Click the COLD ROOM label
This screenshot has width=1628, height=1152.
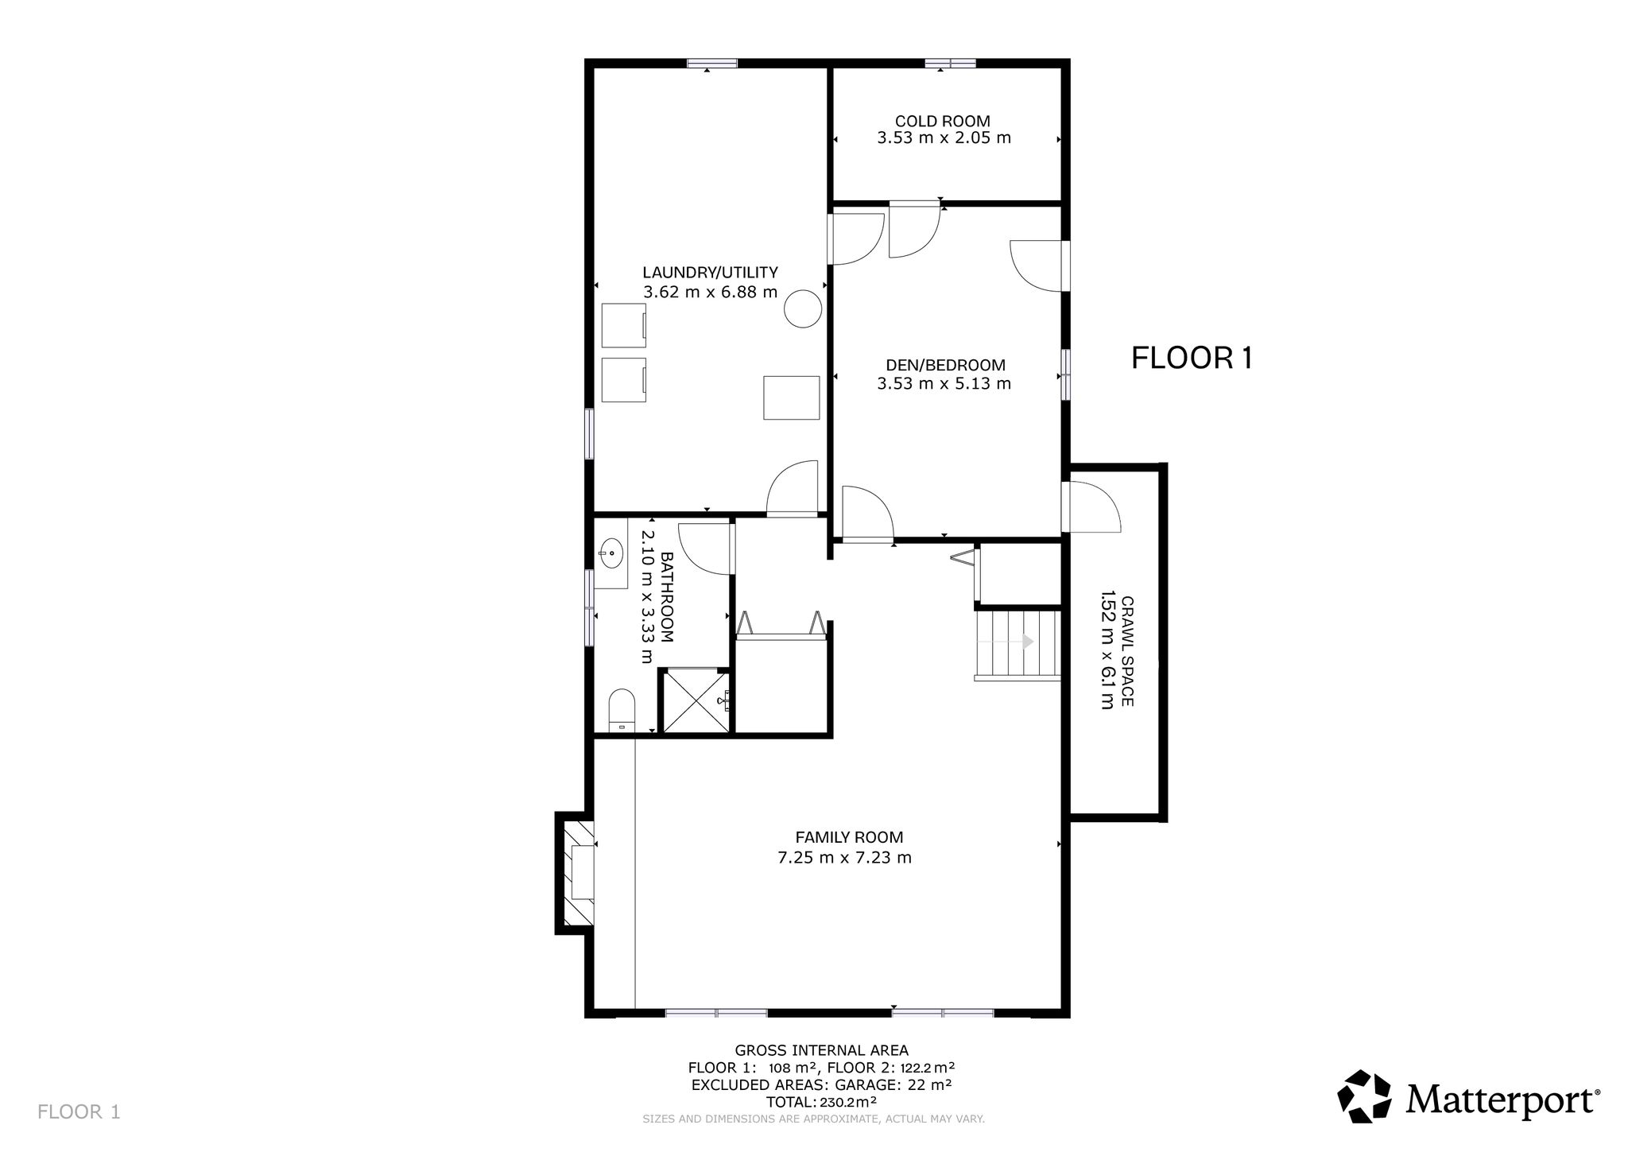click(943, 122)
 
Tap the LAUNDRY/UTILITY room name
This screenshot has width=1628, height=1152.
click(711, 273)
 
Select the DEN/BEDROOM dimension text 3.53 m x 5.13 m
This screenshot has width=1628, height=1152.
click(944, 384)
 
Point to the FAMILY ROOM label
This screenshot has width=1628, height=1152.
click(849, 837)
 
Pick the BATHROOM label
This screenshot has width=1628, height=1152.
click(667, 597)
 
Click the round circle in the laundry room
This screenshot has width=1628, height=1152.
click(803, 308)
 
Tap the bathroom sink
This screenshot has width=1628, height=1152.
click(610, 553)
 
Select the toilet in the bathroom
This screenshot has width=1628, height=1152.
click(622, 711)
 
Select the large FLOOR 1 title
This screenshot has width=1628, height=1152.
click(1192, 359)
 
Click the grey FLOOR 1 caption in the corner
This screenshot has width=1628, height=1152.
click(79, 1111)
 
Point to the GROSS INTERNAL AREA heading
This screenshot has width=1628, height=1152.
click(822, 1050)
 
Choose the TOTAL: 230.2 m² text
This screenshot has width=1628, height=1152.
click(821, 1102)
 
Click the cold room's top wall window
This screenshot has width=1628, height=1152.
click(950, 64)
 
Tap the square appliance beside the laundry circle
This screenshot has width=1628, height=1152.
click(792, 398)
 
